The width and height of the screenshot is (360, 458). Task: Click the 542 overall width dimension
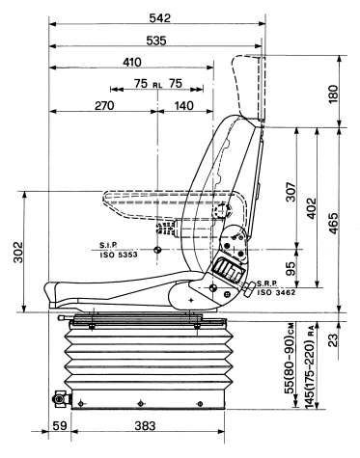coord(160,18)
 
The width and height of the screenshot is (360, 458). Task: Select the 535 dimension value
coord(156,40)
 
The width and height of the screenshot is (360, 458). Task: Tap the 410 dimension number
coord(132,62)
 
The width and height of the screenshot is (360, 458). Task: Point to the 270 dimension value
coord(104,105)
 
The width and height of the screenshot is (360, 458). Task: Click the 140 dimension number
coord(184,105)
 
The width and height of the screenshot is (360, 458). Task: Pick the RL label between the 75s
coord(157,85)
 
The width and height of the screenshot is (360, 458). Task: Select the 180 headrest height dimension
coord(333,94)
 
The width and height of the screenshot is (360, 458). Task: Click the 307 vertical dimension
coord(291,192)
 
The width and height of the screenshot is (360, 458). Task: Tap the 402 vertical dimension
coord(312,208)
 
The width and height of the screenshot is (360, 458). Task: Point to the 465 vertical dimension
coord(333,223)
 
